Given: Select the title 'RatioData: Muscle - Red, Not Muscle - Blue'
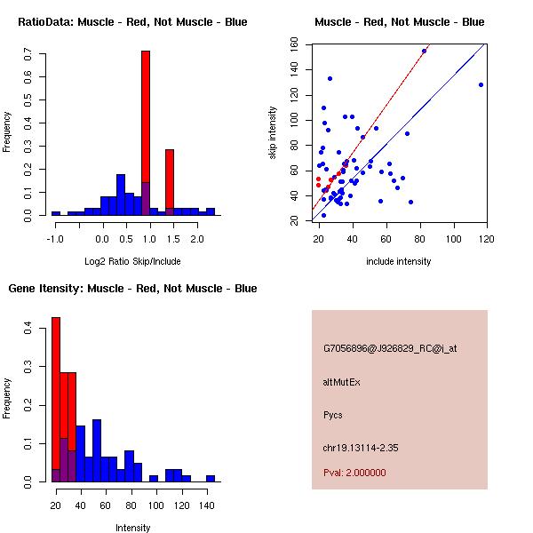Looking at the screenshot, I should click(133, 21).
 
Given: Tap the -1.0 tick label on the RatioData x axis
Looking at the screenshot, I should click(55, 239).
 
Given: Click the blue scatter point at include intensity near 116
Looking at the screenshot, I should click(481, 84).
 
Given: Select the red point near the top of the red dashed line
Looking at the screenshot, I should click(424, 52).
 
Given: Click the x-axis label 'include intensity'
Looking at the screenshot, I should click(399, 261).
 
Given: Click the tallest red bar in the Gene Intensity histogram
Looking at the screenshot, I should click(56, 400).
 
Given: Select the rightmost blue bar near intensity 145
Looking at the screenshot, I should click(211, 478).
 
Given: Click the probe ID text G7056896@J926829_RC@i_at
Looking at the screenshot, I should click(390, 349).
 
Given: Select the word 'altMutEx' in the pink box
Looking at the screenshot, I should click(341, 382).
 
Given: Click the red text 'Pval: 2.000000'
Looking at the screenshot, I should click(354, 473).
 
